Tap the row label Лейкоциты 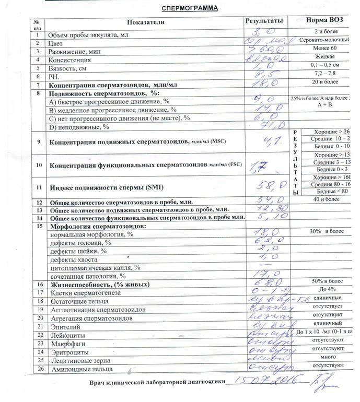click(x=65, y=335)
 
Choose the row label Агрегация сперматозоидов click(x=86, y=318)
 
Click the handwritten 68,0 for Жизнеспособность click(x=264, y=284)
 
